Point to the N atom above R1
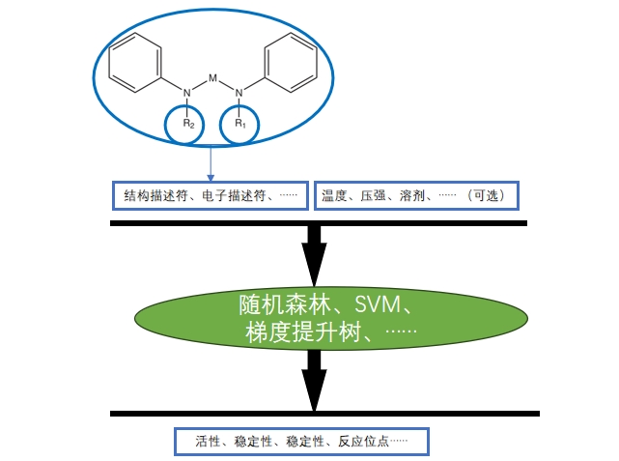pyautogui.click(x=239, y=93)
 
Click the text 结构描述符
pyautogui.click(x=157, y=196)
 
